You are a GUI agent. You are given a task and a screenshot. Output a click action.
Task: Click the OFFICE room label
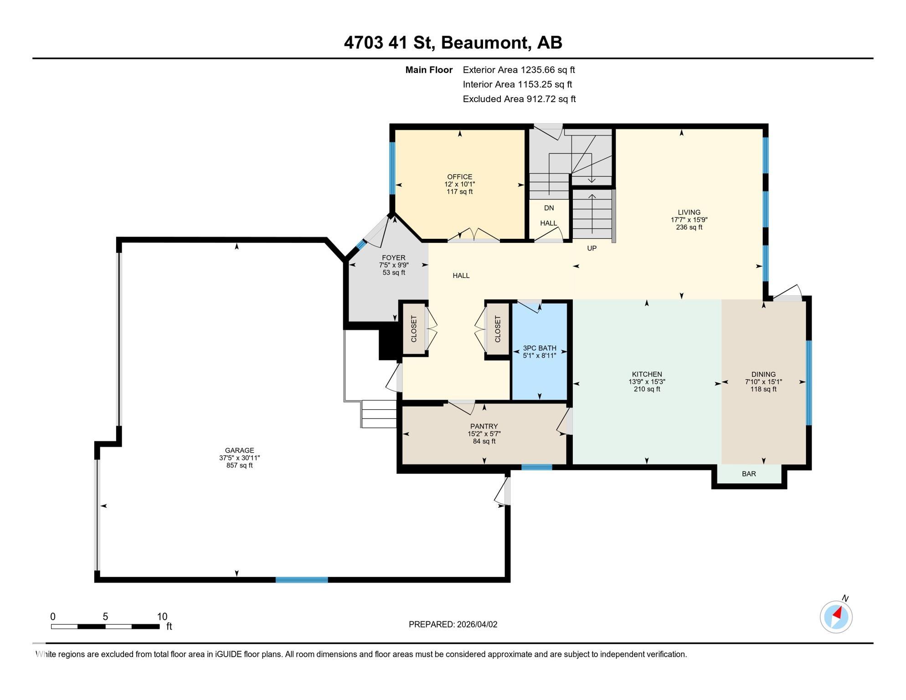pos(459,177)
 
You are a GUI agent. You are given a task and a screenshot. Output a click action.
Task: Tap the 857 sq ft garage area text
pos(239,465)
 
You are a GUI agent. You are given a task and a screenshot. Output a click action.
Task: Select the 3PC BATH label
pos(539,348)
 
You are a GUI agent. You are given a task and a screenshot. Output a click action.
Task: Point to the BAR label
pos(749,474)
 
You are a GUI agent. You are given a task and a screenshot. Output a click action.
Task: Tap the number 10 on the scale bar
pos(162,617)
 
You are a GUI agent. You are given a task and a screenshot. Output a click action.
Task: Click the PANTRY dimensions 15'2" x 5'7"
pos(484,434)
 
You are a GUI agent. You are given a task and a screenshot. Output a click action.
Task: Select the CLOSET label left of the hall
pos(414,329)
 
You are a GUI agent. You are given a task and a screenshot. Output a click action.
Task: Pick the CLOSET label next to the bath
pos(498,329)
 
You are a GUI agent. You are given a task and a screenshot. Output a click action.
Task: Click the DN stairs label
pos(549,208)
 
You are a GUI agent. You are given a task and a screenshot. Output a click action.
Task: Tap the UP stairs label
pos(592,248)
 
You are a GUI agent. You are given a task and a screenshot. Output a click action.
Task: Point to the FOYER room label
pos(393,258)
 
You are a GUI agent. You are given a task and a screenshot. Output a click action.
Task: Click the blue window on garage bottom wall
pos(302,580)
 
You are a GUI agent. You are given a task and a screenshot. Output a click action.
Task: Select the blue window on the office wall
pos(392,168)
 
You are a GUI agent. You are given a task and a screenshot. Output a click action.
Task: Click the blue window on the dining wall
pos(809,383)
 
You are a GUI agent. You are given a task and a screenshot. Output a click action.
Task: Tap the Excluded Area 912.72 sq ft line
pos(519,99)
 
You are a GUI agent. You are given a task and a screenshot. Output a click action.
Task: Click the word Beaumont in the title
pos(485,43)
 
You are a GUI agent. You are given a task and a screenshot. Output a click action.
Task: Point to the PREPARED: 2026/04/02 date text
pos(453,624)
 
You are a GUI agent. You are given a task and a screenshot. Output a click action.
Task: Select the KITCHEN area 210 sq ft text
pos(647,389)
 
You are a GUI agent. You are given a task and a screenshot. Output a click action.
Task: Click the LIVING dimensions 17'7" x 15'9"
pos(689,220)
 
